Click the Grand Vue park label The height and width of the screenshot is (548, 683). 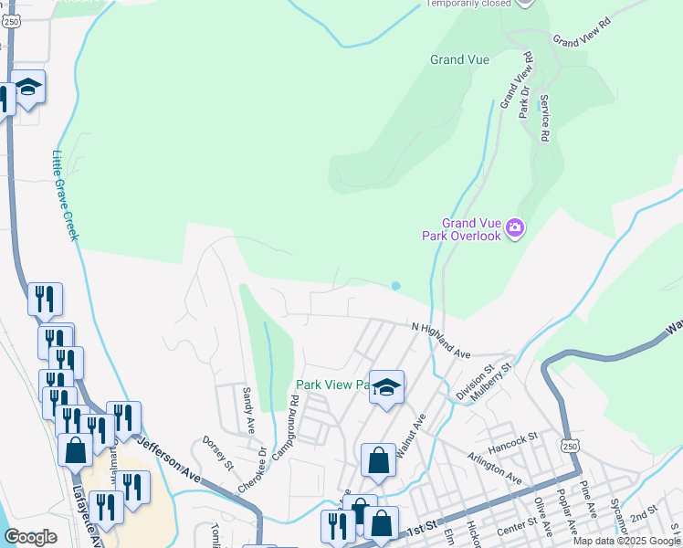coord(460,60)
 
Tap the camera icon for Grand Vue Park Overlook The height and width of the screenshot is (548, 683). coord(514,227)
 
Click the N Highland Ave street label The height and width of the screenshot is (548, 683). coord(440,339)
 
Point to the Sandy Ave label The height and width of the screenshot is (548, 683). coord(247,410)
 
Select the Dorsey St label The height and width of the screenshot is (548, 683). coord(218,452)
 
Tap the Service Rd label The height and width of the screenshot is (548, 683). coord(544,117)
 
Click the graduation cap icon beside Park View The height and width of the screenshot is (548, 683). coord(386,389)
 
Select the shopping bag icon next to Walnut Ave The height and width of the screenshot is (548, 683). coord(378,461)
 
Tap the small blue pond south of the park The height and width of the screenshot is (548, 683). coord(395,286)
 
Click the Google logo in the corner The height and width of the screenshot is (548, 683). coord(31,536)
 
